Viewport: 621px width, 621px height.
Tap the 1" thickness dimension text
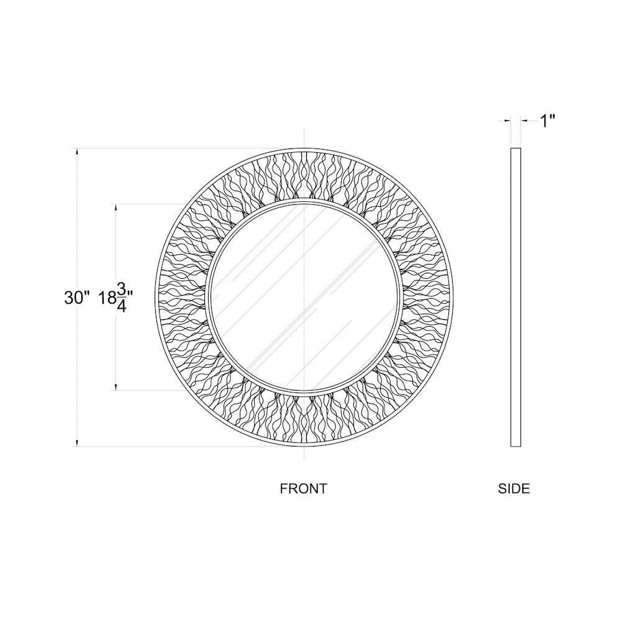tap(546, 121)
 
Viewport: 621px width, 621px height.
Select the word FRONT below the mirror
tap(303, 489)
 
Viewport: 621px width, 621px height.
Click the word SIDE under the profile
tap(514, 489)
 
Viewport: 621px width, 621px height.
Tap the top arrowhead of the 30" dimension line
tap(77, 151)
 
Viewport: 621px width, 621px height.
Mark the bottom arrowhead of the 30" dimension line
tap(77, 443)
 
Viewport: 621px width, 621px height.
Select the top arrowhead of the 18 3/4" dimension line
tap(116, 207)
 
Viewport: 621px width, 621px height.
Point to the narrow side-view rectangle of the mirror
tap(515, 297)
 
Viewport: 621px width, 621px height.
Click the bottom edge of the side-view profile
tap(515, 446)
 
